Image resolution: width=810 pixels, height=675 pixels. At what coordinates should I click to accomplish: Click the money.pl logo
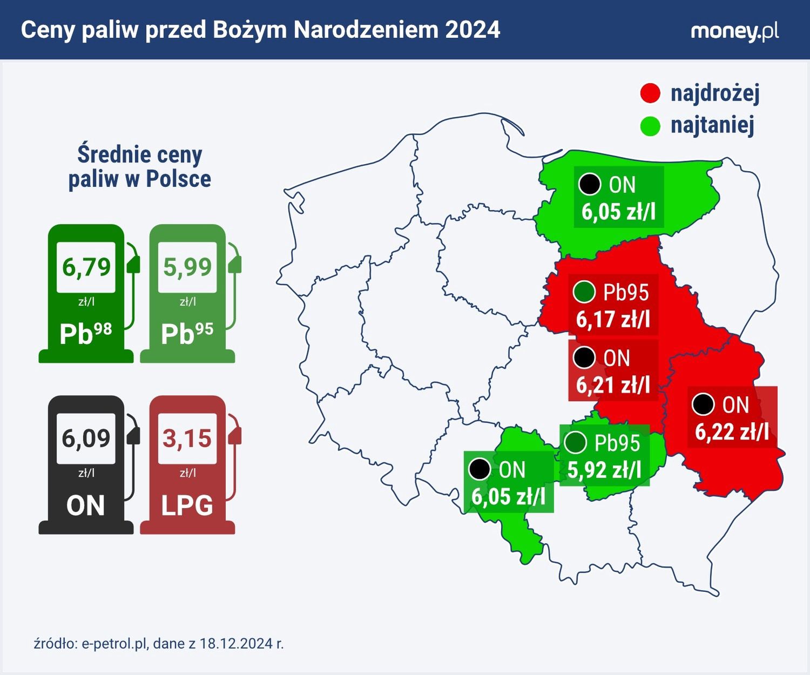[734, 31]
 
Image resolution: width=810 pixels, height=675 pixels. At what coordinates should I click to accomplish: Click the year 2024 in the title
[473, 30]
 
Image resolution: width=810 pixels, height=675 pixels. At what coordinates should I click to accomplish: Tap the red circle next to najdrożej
[650, 93]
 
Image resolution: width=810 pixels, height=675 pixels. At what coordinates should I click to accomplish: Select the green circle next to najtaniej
[650, 126]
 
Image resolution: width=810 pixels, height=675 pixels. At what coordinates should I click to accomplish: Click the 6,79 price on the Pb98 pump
[86, 267]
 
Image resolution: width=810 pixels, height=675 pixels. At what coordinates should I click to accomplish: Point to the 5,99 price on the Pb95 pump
[187, 267]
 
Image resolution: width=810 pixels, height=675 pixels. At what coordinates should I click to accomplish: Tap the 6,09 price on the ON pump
[86, 438]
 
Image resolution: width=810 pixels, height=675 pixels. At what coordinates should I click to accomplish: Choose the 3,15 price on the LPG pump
[187, 438]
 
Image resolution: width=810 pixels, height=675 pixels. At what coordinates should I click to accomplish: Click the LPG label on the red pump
[187, 505]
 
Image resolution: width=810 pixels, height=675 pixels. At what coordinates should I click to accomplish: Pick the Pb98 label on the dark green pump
[86, 333]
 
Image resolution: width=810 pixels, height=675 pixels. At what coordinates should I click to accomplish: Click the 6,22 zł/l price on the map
[732, 431]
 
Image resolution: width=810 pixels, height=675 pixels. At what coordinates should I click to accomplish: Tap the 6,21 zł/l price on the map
[613, 385]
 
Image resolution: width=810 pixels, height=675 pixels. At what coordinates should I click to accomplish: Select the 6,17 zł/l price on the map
[613, 319]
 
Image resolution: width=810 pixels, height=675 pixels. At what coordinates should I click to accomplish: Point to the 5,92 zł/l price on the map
[604, 470]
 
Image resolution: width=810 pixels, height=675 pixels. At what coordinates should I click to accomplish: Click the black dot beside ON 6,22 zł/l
[703, 404]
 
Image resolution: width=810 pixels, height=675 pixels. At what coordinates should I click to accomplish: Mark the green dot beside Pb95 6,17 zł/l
[584, 292]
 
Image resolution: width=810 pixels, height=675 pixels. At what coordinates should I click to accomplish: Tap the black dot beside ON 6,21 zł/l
[584, 357]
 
